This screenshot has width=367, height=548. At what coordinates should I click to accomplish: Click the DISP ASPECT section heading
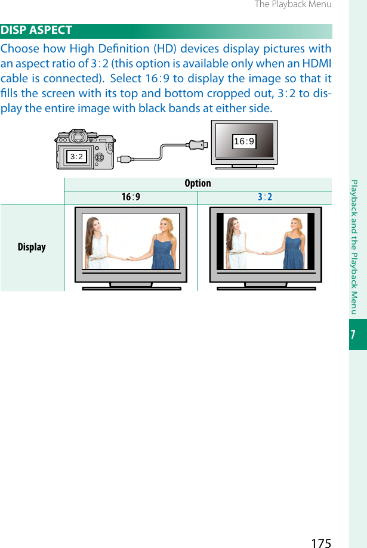(x=37, y=30)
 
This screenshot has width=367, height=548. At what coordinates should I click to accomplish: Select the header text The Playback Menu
(x=292, y=5)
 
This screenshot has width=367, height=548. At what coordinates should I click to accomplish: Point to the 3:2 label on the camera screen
(x=76, y=157)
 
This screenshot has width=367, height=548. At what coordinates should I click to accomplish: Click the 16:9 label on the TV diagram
(x=244, y=141)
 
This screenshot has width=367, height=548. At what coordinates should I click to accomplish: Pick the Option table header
(x=198, y=184)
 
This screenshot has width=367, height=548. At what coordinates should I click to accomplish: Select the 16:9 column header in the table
(x=131, y=197)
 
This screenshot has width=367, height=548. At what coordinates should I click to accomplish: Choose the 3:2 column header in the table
(x=265, y=197)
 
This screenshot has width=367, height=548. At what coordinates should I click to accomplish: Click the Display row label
(x=32, y=247)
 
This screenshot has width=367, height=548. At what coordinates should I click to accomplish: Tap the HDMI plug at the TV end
(x=196, y=144)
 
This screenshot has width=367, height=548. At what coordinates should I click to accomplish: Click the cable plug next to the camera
(x=125, y=159)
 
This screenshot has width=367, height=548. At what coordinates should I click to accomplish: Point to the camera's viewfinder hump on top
(x=76, y=135)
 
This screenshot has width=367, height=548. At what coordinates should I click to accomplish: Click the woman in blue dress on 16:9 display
(x=163, y=244)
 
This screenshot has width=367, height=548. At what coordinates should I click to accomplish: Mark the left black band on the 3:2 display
(x=220, y=241)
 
